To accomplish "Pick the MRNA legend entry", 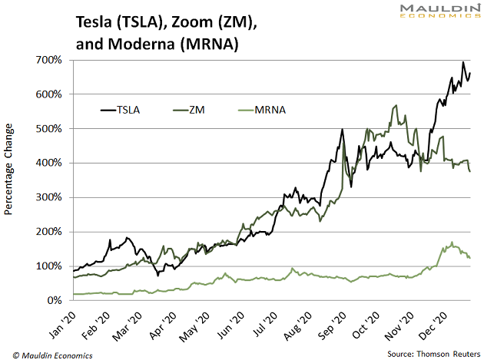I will click(x=265, y=110).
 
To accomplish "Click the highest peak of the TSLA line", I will click(x=463, y=62).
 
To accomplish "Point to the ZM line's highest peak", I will click(x=396, y=106).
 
